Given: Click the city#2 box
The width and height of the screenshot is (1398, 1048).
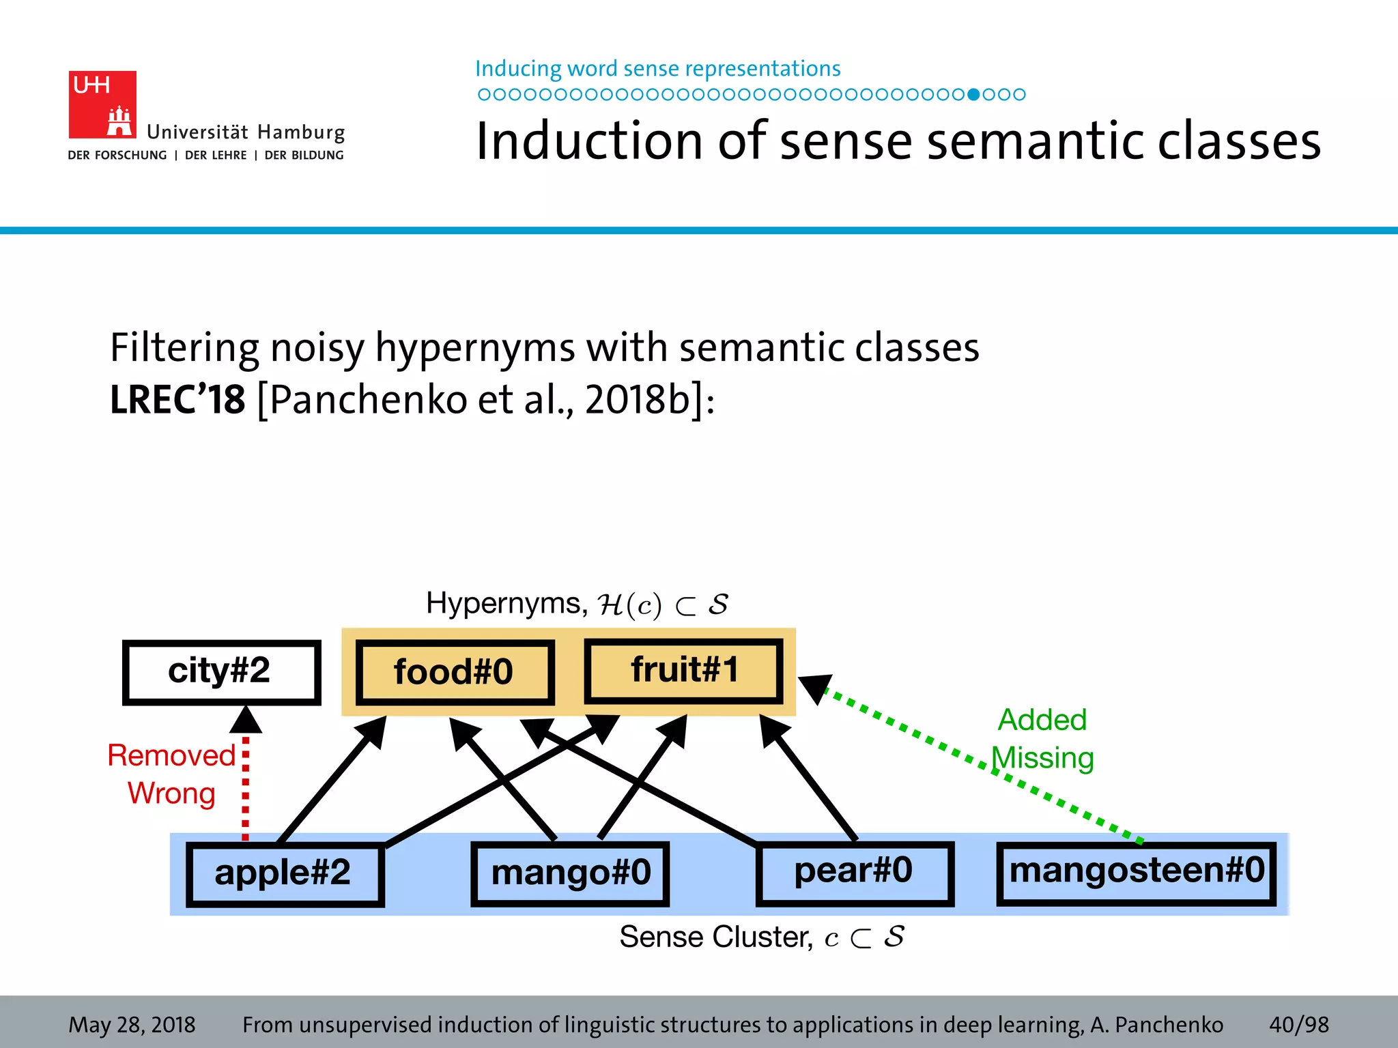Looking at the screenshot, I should pos(221,671).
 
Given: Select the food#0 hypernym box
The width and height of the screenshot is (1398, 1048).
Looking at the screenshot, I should pos(454,672).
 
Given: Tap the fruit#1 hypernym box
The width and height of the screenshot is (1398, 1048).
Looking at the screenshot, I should pos(683,671).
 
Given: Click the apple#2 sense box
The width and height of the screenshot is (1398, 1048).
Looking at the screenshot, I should pos(284,873).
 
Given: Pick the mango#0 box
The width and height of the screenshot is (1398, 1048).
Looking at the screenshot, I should pos(570,873).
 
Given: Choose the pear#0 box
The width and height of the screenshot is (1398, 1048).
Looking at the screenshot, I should pos(854,872).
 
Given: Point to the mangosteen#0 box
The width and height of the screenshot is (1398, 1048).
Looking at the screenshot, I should pos(1136,872).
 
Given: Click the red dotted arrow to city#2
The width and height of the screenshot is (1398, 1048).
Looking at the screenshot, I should pos(246,785).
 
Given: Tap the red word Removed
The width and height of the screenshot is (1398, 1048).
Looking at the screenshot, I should pos(171,756).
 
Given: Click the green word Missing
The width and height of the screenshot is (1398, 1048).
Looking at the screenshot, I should pos(1043,759).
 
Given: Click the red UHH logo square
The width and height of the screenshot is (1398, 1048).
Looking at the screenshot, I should pos(102,104).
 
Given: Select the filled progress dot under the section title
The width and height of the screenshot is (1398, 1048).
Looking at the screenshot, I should pos(974,94).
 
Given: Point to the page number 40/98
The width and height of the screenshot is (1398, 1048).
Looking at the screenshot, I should pos(1298,1024).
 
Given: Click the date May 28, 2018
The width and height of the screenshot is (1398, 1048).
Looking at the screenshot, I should pos(132,1024).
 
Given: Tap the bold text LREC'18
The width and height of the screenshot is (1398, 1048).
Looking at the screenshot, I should pos(177,400).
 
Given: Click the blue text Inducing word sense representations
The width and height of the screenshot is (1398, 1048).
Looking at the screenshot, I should pos(657,69).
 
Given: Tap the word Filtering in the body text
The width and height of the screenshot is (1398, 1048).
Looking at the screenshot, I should pos(184,348).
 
